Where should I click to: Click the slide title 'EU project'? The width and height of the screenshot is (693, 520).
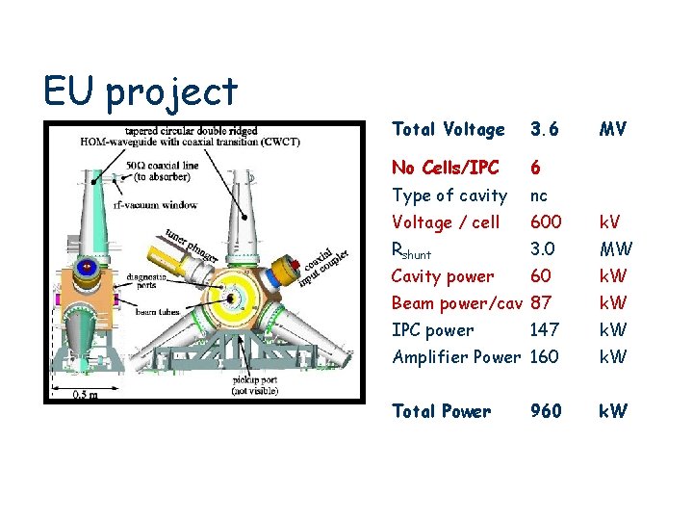tap(141, 92)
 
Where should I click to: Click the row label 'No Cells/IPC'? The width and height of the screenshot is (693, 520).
tap(445, 168)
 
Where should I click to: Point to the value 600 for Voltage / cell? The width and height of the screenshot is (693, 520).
tap(546, 222)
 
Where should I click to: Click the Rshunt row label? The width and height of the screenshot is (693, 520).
tap(412, 250)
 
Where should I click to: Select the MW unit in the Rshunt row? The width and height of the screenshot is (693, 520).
tap(616, 249)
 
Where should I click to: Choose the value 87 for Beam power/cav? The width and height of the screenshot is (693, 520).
tap(541, 303)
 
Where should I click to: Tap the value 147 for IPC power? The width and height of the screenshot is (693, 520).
tap(545, 330)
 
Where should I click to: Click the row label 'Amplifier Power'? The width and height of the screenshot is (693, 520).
tap(455, 357)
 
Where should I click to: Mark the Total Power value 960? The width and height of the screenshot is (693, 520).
tap(546, 411)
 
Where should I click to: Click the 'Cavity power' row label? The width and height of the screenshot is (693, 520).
tap(442, 276)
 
